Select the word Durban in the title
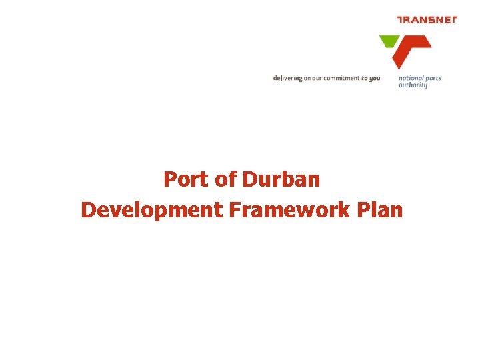pos(281,180)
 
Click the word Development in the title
pos(152,211)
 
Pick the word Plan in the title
pos(381,211)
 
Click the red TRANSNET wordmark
pos(427,20)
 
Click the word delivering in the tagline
pos(287,78)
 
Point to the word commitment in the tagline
pos(341,78)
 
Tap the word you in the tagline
pos(375,79)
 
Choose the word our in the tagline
pos(318,78)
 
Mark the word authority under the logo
pos(413,85)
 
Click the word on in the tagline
pos(307,78)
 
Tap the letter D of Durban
pos(249,180)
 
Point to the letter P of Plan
pos(364,211)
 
